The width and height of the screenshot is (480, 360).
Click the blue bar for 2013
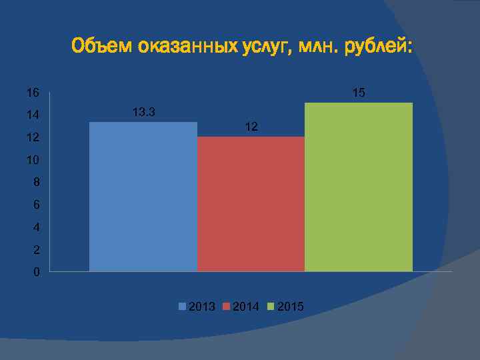143,197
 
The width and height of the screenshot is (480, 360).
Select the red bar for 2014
251,204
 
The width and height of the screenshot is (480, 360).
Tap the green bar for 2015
359,187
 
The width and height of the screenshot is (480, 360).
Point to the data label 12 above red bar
251,127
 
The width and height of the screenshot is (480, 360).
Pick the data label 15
359,93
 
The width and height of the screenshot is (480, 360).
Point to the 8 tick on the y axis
36,182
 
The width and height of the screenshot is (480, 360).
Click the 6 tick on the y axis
36,205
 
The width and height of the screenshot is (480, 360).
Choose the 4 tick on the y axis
36,227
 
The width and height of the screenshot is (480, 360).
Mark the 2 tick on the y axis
36,250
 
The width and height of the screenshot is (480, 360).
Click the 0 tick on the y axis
36,273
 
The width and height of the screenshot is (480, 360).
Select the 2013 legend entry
197,307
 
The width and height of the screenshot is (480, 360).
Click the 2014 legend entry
241,307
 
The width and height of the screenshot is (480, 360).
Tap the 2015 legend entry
285,307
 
